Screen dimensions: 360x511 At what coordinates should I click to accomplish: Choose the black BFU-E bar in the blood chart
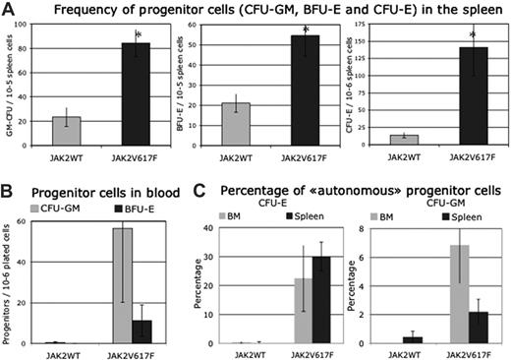pyautogui.click(x=143, y=330)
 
